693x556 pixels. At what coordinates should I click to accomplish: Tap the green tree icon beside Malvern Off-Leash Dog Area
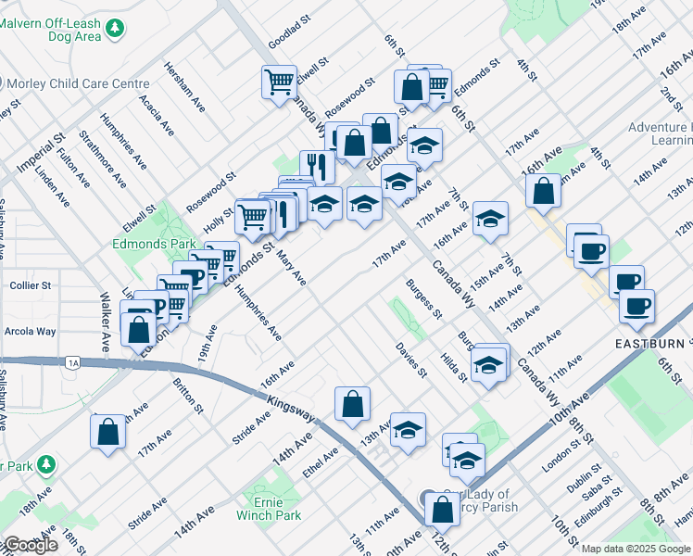115,30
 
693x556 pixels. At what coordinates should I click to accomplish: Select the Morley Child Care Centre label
79,83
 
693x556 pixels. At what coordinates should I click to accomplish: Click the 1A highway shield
73,362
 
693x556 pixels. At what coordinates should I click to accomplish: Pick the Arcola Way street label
32,331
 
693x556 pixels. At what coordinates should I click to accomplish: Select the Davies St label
411,360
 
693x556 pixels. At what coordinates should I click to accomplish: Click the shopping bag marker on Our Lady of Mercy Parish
443,509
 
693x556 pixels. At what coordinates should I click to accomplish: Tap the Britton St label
188,394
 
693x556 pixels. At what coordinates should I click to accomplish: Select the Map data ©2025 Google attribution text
636,549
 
